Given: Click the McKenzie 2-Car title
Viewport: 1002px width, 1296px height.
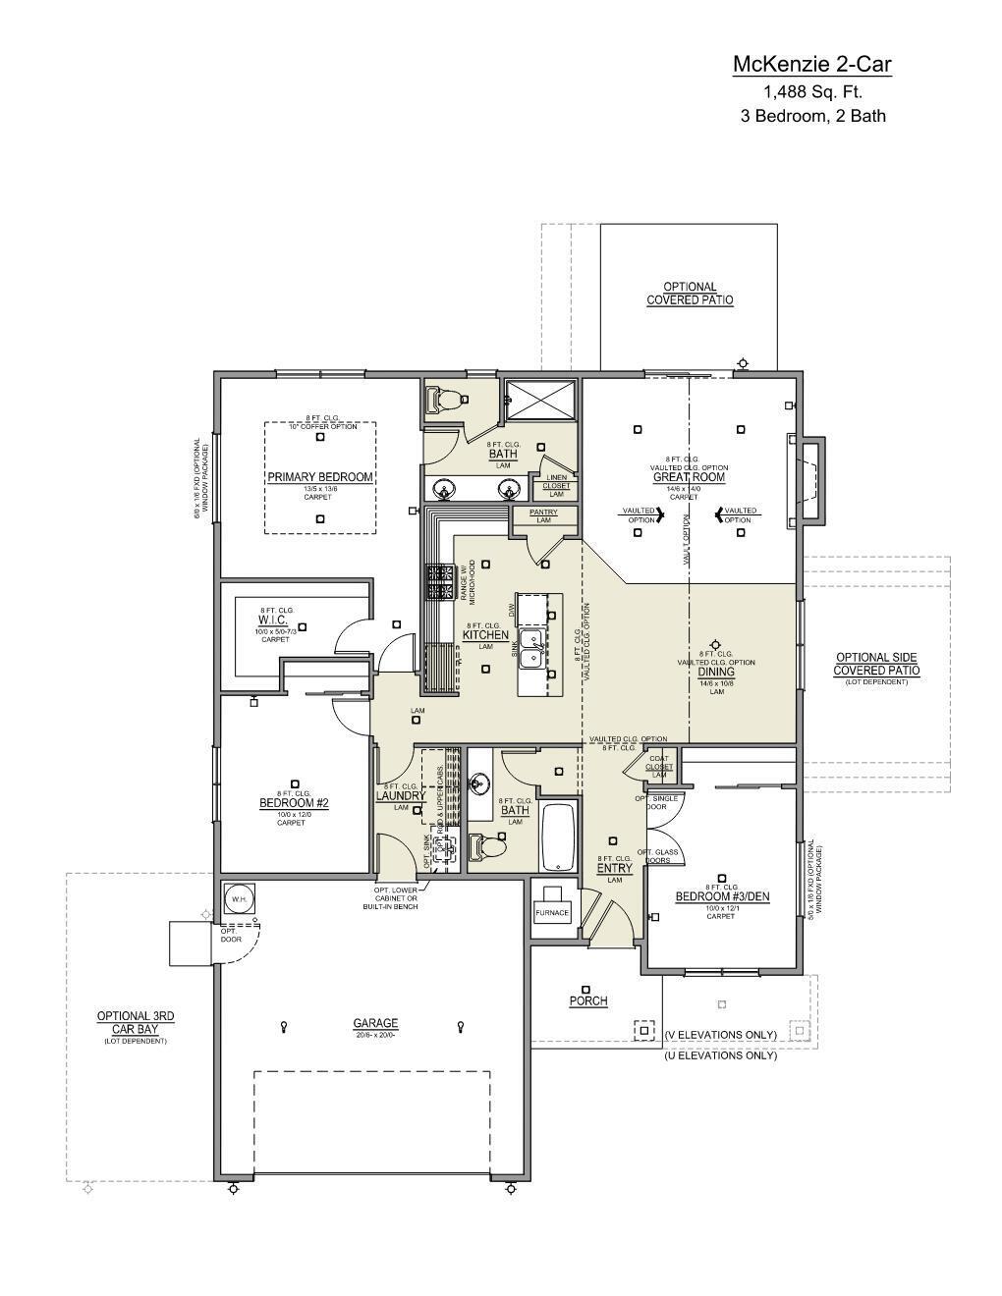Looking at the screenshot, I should (x=811, y=65).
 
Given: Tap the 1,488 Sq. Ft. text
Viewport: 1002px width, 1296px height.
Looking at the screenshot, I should (x=812, y=92).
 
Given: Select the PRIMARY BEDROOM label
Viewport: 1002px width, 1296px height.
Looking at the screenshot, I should (x=320, y=477).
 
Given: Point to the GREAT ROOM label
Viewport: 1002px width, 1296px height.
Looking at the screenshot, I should (x=689, y=477).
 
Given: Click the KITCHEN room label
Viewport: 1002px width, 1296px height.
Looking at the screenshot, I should (x=485, y=635).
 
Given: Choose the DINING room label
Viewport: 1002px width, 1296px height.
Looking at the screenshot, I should (x=716, y=673).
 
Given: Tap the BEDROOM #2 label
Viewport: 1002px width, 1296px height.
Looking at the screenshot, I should (x=294, y=803).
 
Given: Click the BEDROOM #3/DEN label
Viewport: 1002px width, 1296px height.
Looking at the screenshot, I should (x=721, y=896).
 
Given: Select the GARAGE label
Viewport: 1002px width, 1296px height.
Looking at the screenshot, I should (x=375, y=1023).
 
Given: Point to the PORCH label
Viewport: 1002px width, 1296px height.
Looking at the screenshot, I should (x=588, y=1001).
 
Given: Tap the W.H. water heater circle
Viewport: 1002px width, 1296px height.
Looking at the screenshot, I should (x=239, y=898).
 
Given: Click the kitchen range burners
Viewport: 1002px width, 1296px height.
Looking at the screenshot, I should (x=437, y=582).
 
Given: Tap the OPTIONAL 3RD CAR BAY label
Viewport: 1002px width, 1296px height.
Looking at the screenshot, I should (x=136, y=1022).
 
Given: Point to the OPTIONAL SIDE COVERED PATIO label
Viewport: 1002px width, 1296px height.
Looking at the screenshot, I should (x=876, y=664).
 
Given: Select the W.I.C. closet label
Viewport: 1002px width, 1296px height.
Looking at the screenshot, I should (x=273, y=621).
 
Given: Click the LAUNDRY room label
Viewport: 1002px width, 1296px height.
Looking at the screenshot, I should (x=401, y=796).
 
